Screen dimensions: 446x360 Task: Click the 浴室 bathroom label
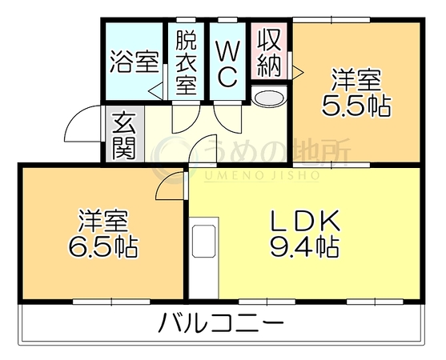134,62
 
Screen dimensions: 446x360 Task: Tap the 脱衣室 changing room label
186,62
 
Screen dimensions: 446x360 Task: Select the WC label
227,64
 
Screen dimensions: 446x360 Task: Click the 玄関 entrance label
123,136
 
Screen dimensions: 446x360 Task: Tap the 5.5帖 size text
356,105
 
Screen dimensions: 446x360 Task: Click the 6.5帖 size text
103,246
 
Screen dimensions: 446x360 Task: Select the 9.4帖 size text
304,246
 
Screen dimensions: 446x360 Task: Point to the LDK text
305,221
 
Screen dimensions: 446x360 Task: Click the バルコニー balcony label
221,322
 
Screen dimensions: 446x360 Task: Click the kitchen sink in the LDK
203,242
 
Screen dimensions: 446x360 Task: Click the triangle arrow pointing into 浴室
155,91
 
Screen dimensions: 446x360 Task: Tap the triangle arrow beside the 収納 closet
298,73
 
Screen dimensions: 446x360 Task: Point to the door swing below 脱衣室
186,117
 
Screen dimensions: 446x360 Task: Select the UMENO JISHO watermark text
262,176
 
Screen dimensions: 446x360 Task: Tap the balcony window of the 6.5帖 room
111,302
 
